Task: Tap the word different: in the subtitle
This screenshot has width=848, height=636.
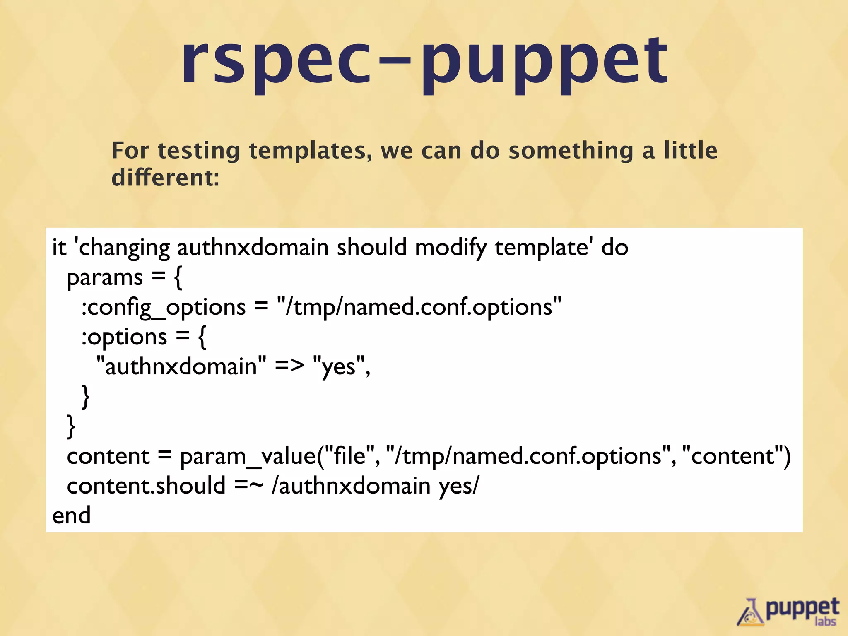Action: pyautogui.click(x=165, y=178)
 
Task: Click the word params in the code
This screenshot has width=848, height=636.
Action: pyautogui.click(x=105, y=277)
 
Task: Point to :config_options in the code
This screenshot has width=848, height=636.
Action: pyautogui.click(x=163, y=307)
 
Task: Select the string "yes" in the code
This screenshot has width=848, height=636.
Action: pyautogui.click(x=339, y=366)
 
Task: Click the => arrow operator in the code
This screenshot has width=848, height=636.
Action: pyautogui.click(x=289, y=366)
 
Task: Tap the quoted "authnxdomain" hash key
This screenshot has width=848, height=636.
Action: pyautogui.click(x=181, y=366)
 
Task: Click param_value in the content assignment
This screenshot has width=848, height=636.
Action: pyautogui.click(x=248, y=456)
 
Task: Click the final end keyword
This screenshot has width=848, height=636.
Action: pyautogui.click(x=71, y=516)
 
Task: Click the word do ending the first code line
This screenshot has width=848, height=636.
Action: pyautogui.click(x=615, y=248)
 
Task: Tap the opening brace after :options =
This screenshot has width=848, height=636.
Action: pyautogui.click(x=202, y=337)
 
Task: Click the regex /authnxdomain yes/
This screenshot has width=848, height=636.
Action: pyautogui.click(x=375, y=485)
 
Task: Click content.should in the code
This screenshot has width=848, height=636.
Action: pyautogui.click(x=146, y=485)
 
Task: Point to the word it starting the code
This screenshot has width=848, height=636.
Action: pyautogui.click(x=59, y=248)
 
